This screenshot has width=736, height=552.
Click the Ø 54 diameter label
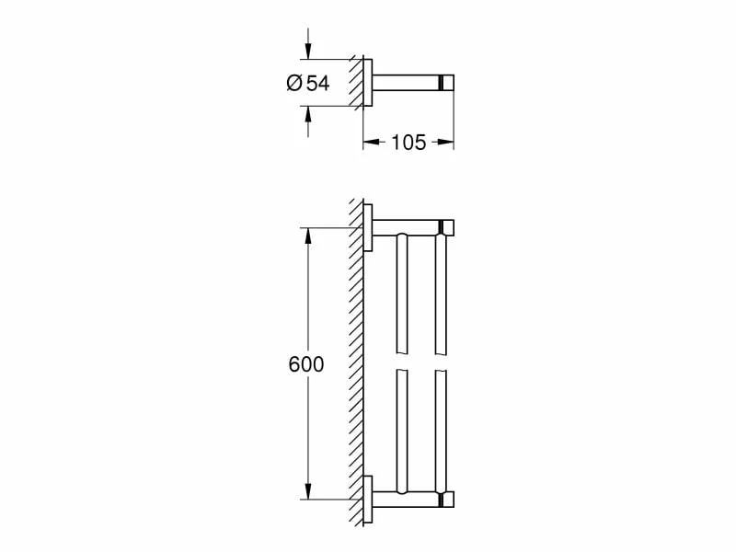(x=308, y=83)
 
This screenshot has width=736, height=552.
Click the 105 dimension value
(x=408, y=142)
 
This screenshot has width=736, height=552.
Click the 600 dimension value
(x=306, y=364)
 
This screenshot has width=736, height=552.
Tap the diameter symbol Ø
(x=294, y=83)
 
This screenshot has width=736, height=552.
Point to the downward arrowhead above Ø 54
(x=308, y=52)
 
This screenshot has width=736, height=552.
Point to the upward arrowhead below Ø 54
(x=308, y=114)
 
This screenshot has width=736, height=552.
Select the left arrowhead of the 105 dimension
(x=372, y=142)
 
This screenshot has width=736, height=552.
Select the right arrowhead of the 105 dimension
(x=445, y=142)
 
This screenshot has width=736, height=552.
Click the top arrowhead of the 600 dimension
(x=308, y=236)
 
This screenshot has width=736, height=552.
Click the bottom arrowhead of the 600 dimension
(x=308, y=490)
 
